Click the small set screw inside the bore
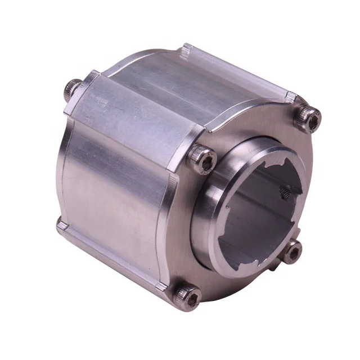click(x=285, y=193)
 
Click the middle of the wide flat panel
click(x=135, y=118)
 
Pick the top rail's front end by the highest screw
click(x=290, y=97)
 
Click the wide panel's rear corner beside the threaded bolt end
click(x=90, y=76)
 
